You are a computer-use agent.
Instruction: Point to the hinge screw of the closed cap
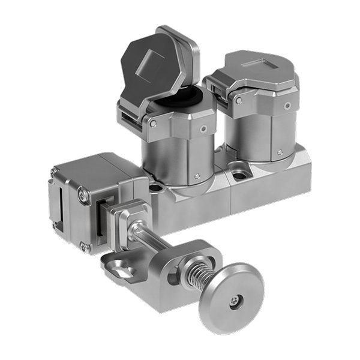pyautogui.click(x=239, y=100)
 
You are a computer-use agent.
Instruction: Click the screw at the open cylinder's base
pyautogui.click(x=197, y=176)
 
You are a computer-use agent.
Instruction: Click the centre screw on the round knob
pyautogui.click(x=234, y=302)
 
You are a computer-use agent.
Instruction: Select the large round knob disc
pyautogui.click(x=231, y=299)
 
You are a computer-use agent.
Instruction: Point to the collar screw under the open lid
pyautogui.click(x=205, y=127)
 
